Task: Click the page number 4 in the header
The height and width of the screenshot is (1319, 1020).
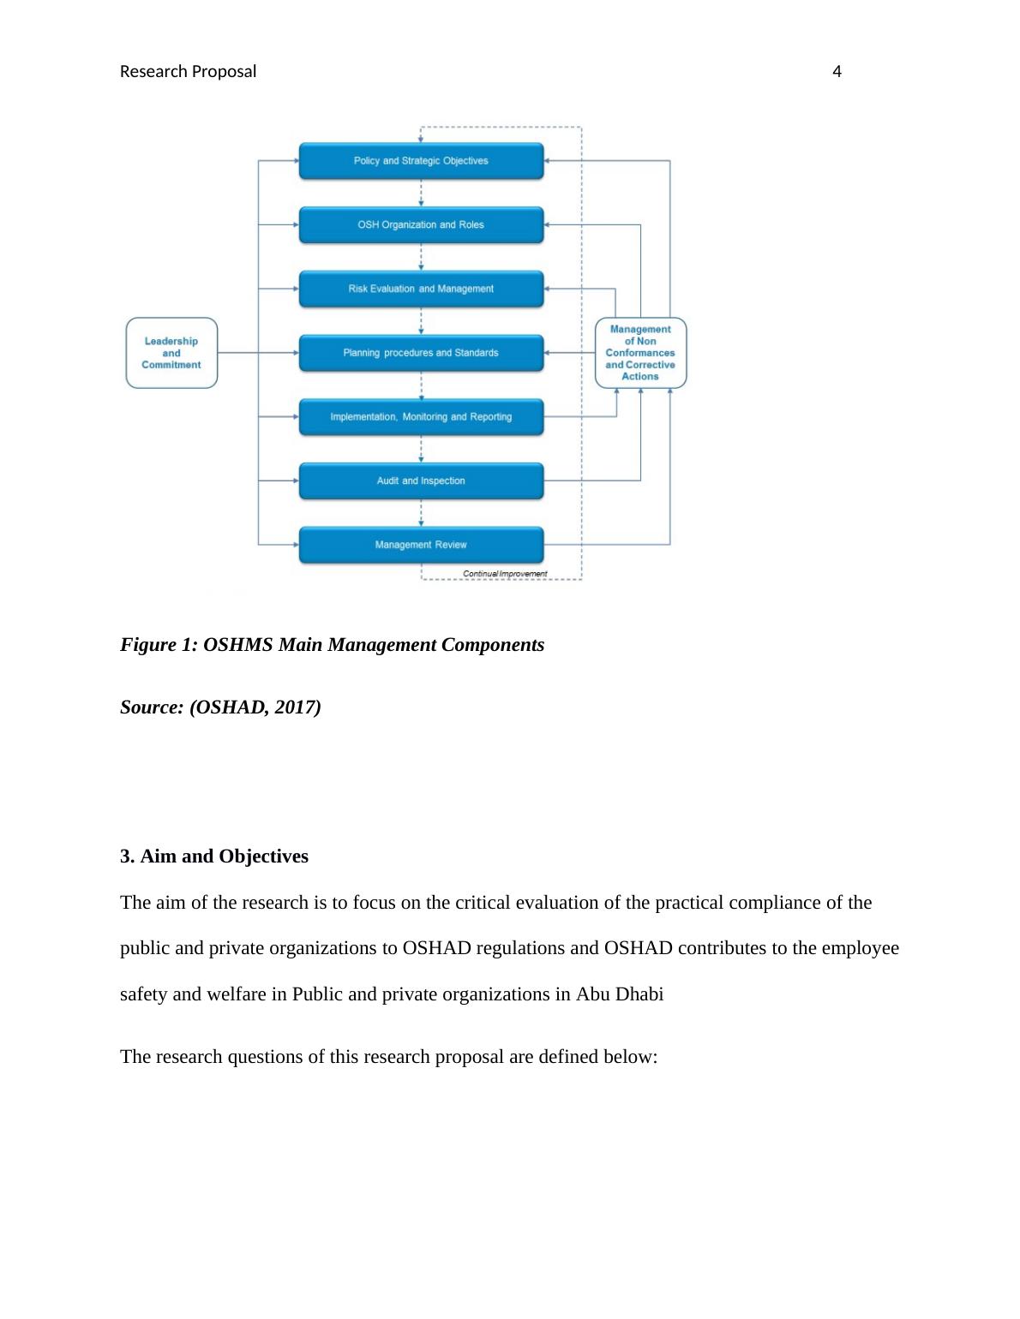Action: pyautogui.click(x=837, y=72)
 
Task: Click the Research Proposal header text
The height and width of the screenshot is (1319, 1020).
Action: pyautogui.click(x=188, y=72)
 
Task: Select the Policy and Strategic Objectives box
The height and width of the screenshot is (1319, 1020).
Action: pyautogui.click(x=421, y=161)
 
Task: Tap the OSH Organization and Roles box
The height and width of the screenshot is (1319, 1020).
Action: pyautogui.click(x=421, y=225)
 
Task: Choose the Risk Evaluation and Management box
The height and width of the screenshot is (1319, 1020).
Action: pyautogui.click(x=421, y=289)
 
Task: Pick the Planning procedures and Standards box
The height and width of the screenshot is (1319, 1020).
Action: pyautogui.click(x=421, y=353)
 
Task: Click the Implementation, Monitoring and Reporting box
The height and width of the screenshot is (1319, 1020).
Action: pyautogui.click(x=421, y=417)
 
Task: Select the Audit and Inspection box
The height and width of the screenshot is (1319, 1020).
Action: pyautogui.click(x=421, y=481)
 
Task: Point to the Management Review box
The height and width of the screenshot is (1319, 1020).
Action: pyautogui.click(x=421, y=545)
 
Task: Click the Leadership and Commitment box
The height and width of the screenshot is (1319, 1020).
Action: pyautogui.click(x=171, y=353)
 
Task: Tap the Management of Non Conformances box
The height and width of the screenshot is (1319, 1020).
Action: pyautogui.click(x=640, y=353)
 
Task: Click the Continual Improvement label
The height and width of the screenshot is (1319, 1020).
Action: pyautogui.click(x=505, y=574)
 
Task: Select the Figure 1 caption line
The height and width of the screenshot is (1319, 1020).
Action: pyautogui.click(x=332, y=645)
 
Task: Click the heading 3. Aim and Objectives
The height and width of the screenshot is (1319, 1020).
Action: pyautogui.click(x=214, y=856)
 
